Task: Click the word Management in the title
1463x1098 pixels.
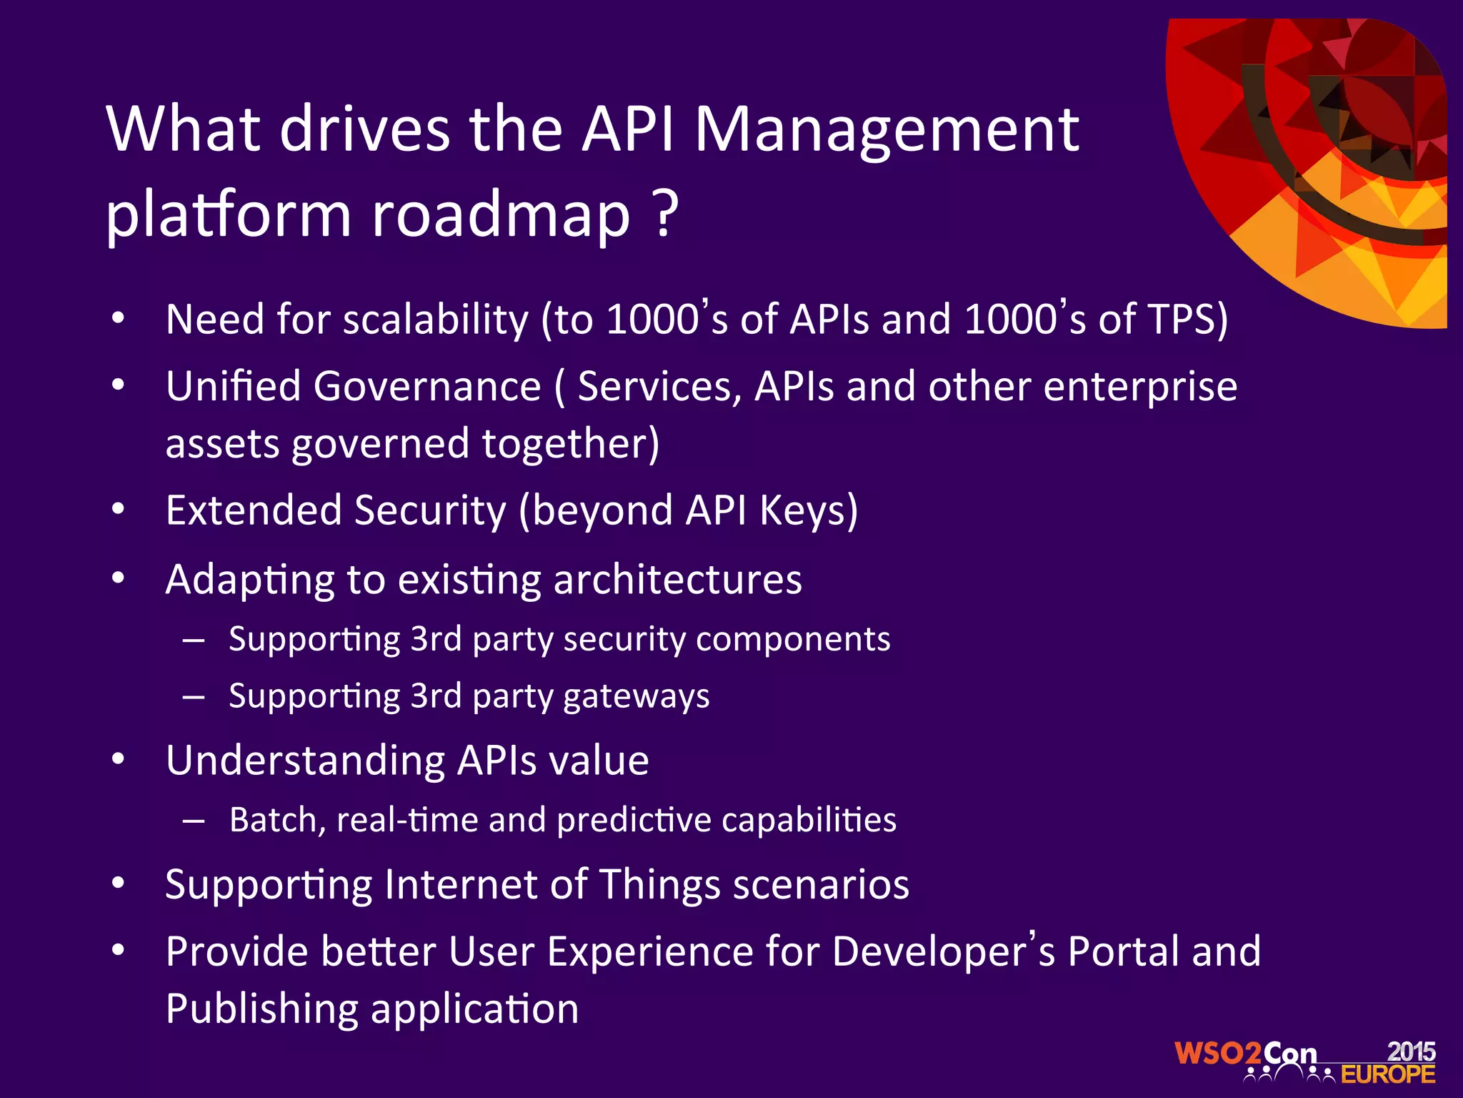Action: point(886,131)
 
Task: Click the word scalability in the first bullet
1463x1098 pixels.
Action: point(435,320)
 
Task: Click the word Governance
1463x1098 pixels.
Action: point(426,387)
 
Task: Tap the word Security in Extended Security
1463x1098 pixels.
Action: point(430,511)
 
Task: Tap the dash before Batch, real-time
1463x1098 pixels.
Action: point(194,821)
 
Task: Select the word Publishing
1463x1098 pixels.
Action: point(261,1009)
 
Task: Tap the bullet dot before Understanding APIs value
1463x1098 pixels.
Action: point(119,759)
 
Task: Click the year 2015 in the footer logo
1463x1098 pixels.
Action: point(1411,1051)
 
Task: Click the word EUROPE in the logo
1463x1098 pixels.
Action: point(1387,1074)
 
